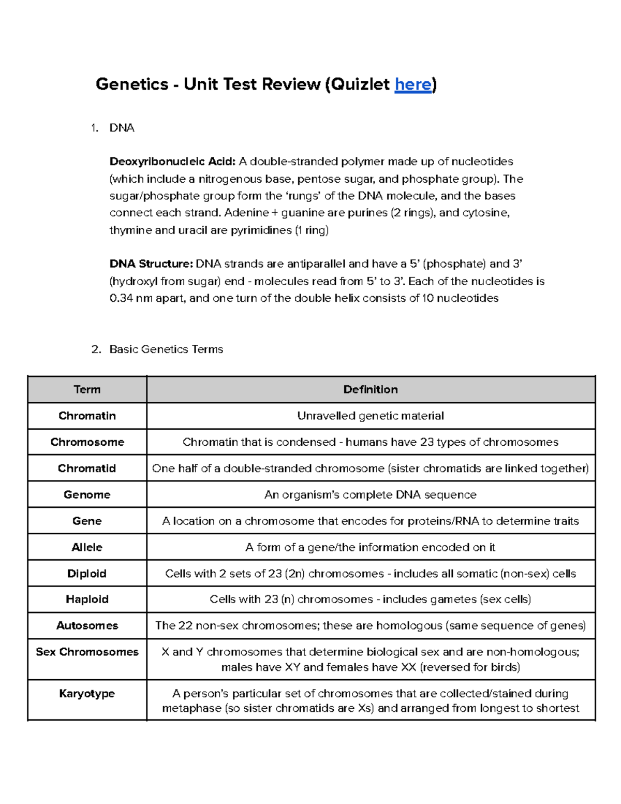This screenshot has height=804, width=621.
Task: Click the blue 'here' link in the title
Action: (412, 84)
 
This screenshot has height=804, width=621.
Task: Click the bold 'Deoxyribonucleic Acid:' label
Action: (172, 162)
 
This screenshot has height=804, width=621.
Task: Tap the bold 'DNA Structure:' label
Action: (151, 264)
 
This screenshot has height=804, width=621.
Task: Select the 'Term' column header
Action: (87, 389)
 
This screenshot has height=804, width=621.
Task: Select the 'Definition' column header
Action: (371, 389)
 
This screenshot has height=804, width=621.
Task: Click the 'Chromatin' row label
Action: (87, 416)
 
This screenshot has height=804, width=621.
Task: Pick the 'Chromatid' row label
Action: (87, 468)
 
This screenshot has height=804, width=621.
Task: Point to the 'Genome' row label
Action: (87, 494)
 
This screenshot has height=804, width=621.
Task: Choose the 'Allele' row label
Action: (87, 547)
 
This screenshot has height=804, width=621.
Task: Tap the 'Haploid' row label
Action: (87, 599)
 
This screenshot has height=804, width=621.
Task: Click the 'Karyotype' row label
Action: (87, 693)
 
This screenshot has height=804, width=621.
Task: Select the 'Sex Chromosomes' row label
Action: (87, 652)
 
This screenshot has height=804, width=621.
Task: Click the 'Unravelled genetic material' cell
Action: (371, 416)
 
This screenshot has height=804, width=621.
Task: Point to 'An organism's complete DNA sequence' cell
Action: (371, 494)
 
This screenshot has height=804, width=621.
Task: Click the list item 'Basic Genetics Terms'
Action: (166, 349)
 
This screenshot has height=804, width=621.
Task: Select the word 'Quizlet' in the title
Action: (361, 84)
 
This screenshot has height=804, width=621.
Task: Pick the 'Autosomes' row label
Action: (87, 625)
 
